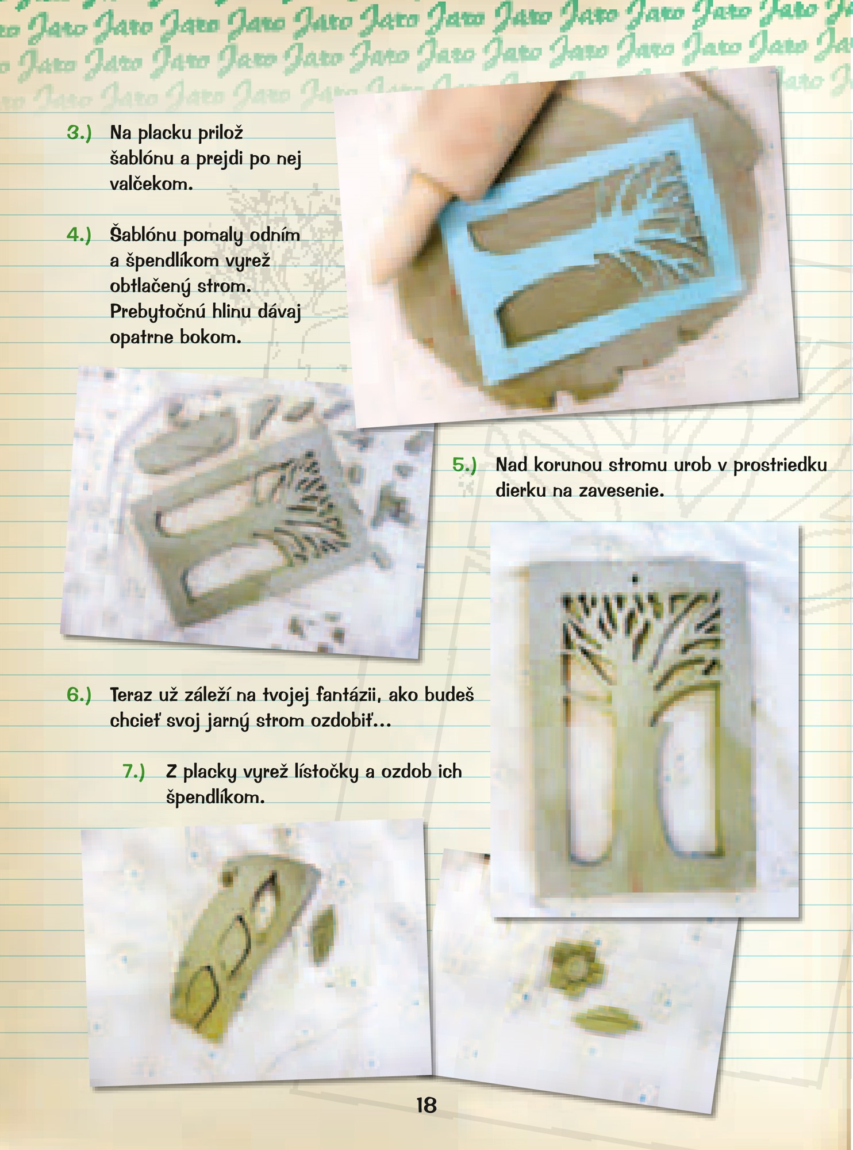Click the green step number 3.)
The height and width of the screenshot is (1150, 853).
(x=79, y=133)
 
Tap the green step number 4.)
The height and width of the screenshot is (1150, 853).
(x=79, y=235)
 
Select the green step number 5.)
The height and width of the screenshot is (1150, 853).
(x=464, y=465)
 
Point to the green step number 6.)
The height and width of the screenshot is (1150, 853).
(x=79, y=695)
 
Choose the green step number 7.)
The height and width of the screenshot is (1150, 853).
(x=134, y=771)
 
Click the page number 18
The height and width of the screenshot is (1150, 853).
(x=427, y=1105)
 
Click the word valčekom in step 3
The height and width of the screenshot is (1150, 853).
(x=151, y=184)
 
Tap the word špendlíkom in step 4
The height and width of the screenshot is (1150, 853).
(x=178, y=261)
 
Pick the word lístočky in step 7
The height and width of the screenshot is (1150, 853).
(x=326, y=772)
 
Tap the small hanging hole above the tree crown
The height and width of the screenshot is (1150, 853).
(x=635, y=577)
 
